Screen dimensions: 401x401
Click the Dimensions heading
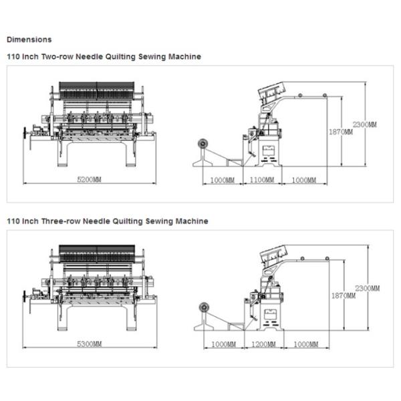point(29,39)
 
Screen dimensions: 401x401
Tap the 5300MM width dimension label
point(89,344)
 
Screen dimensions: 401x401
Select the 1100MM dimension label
point(261,180)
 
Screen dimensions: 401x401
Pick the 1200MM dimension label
point(265,344)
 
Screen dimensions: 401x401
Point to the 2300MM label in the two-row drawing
point(364,125)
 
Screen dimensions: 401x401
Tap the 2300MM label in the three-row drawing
point(367,288)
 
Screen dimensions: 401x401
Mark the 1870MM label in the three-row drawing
point(344,295)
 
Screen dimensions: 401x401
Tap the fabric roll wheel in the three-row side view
point(203,307)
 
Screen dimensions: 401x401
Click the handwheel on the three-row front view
point(27,297)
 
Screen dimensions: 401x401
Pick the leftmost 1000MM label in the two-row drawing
point(222,180)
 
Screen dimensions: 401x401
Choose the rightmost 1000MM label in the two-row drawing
point(303,180)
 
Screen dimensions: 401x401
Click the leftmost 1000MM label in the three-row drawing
point(223,344)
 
